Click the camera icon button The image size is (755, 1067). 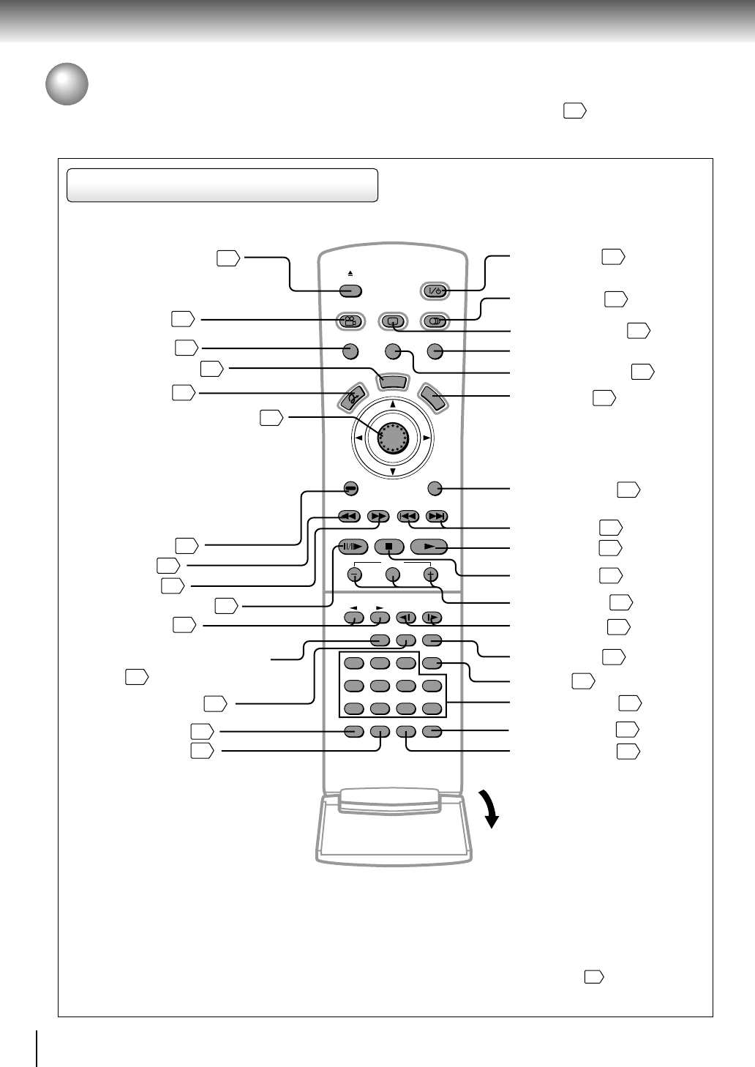350,321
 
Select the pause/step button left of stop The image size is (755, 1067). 352,547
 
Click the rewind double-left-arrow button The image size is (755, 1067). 349,517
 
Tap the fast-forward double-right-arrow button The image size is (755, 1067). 378,517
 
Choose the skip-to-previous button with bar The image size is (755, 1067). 407,517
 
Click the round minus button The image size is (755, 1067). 355,574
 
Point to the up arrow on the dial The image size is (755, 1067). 393,404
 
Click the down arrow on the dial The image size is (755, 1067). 393,472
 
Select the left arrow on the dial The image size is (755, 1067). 358,438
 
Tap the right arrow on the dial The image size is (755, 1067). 427,438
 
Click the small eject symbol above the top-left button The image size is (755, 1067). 350,274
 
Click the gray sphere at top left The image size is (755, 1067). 67,84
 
